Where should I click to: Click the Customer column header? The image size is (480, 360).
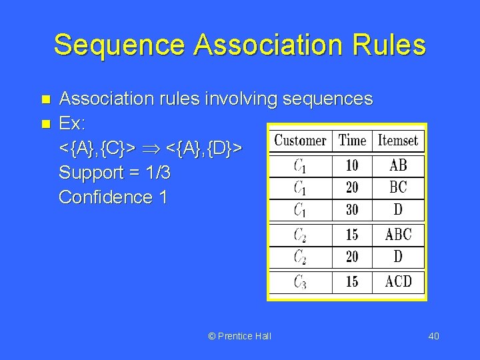[x=300, y=140]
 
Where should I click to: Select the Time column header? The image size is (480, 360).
[x=352, y=140]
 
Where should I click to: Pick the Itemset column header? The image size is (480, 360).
[x=398, y=140]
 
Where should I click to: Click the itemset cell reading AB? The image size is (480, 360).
[x=398, y=165]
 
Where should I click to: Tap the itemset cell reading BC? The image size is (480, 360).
[x=398, y=187]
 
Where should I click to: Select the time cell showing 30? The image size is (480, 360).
[x=352, y=209]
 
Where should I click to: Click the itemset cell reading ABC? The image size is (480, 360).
[x=398, y=235]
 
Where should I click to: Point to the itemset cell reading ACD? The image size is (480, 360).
[x=398, y=281]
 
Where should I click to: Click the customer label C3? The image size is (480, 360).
[x=300, y=282]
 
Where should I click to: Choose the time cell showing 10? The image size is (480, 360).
[x=352, y=165]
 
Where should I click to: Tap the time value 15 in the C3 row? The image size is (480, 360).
[x=352, y=281]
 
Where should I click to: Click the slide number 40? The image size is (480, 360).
[x=433, y=335]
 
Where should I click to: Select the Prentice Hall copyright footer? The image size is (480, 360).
[x=239, y=335]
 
